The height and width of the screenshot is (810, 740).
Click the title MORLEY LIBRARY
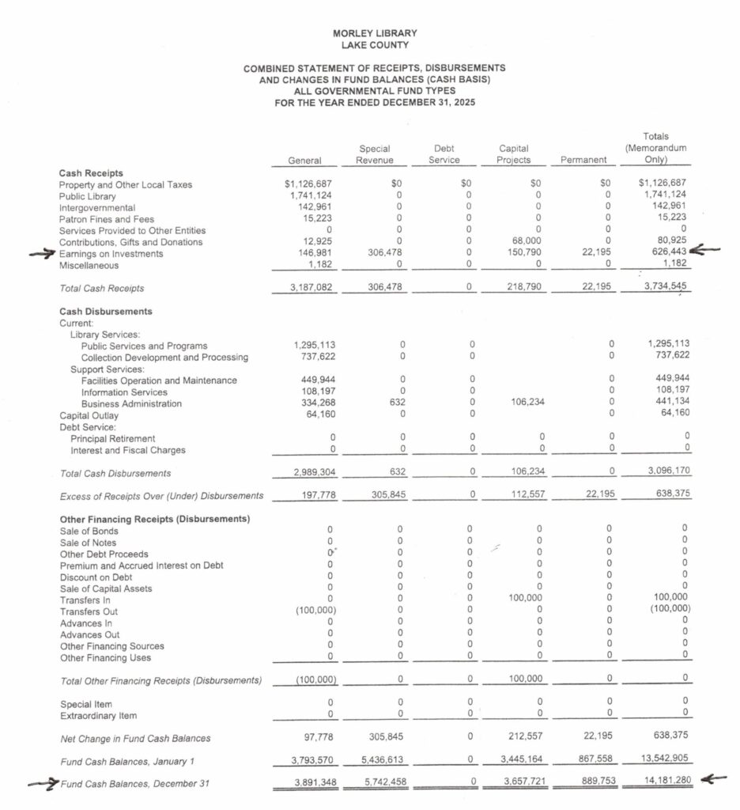[375, 33]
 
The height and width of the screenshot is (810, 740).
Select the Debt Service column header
[444, 154]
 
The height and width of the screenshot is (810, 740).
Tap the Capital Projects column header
[513, 154]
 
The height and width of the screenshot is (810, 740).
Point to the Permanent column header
[583, 161]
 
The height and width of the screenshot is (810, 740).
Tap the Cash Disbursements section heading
[106, 312]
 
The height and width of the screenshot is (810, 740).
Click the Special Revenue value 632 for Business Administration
[398, 403]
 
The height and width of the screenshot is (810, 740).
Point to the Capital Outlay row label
[89, 415]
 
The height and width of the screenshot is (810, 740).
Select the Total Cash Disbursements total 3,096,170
[666, 473]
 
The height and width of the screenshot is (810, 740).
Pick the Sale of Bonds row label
[88, 532]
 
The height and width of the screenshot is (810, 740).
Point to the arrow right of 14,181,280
[715, 780]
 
